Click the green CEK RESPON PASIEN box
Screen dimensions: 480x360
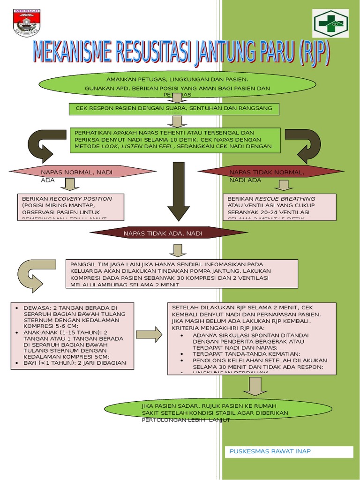coord(173,108)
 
